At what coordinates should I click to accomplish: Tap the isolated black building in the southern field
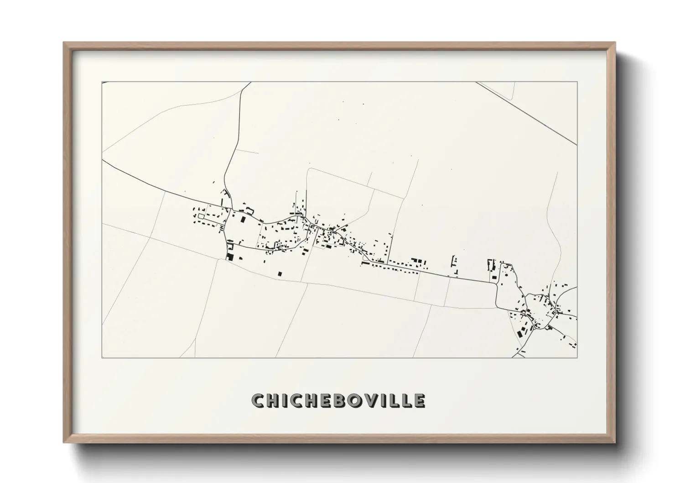coord(280,273)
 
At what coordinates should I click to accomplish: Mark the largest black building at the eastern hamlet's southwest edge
coord(519,333)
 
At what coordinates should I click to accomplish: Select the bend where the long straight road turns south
coord(496,283)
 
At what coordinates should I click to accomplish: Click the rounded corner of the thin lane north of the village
coord(309,170)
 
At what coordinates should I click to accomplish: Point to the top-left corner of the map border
coord(102,82)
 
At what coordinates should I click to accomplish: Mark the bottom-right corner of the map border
coord(577,357)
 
